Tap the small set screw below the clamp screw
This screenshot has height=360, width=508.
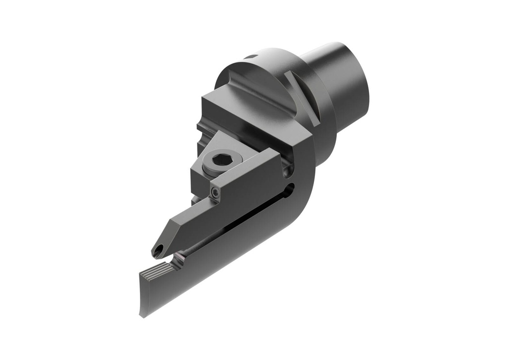[214, 191]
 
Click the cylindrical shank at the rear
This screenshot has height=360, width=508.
[342, 84]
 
